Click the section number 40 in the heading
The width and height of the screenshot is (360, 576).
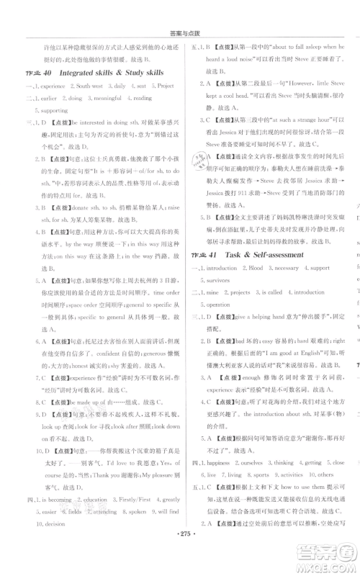[46, 73]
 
